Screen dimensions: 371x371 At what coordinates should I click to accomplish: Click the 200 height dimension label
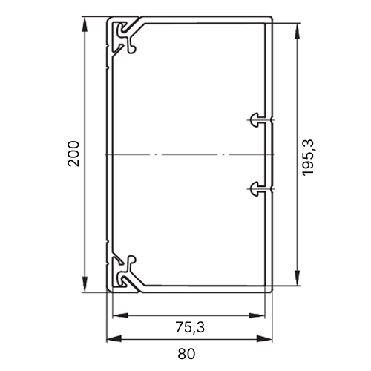click(x=73, y=154)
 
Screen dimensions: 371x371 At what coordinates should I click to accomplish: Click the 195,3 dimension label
click(x=308, y=157)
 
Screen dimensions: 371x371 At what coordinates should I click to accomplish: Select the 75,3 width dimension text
click(x=190, y=327)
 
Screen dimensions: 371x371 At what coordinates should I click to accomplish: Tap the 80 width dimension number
click(x=186, y=354)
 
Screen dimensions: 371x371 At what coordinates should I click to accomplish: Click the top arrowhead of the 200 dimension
click(x=85, y=24)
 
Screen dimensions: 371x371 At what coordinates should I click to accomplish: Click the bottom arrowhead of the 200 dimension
click(x=85, y=284)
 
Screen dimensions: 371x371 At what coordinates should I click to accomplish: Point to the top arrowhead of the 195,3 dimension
click(x=297, y=31)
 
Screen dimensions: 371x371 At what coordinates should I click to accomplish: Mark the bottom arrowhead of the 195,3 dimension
click(x=297, y=278)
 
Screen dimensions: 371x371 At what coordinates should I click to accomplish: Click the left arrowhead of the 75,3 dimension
click(x=120, y=315)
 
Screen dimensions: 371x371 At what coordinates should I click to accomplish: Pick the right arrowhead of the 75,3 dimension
click(x=257, y=315)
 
